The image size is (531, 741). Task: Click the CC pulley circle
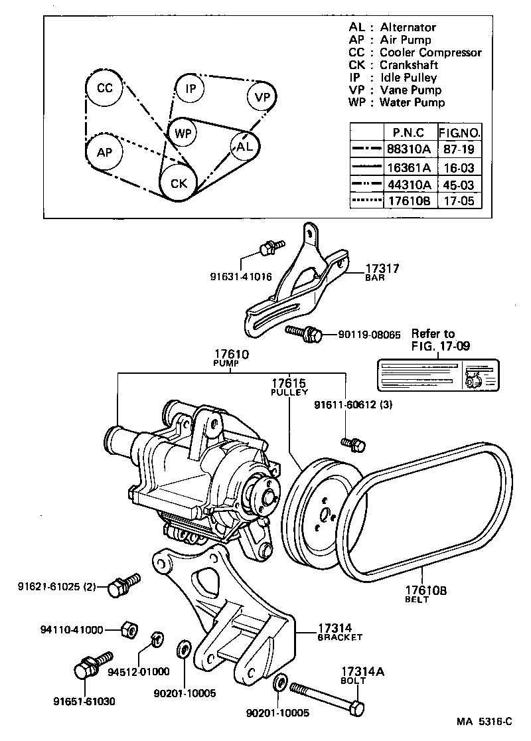tap(104, 89)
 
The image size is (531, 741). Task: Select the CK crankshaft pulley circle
tap(178, 183)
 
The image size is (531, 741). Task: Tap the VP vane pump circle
tap(262, 98)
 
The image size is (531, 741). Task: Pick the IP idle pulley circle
tap(190, 88)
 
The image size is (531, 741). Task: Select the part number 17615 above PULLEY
tap(288, 383)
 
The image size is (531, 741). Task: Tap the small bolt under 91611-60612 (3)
tap(352, 443)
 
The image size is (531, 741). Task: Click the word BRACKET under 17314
tap(340, 637)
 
